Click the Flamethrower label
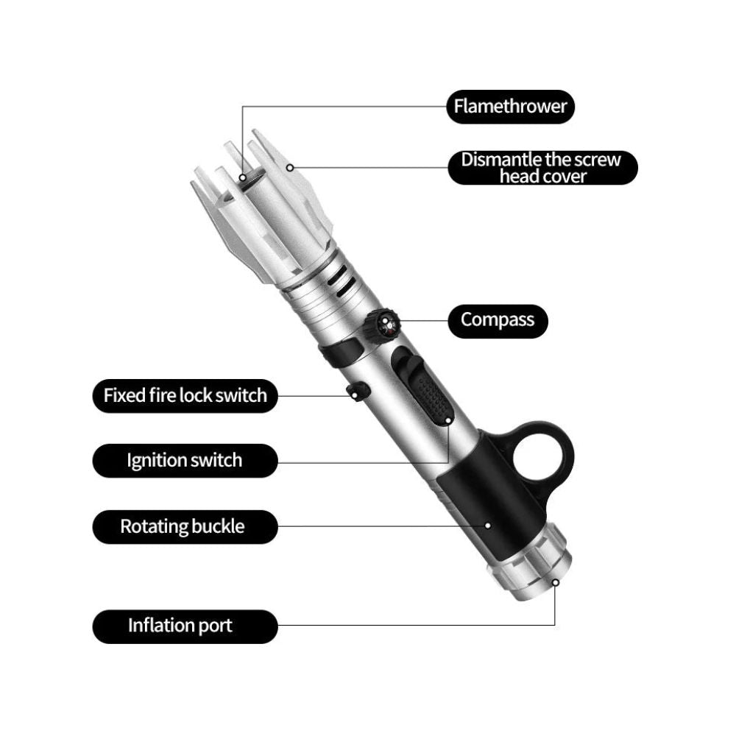pos(510,107)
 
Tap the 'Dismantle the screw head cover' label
pos(542,168)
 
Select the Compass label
pos(498,321)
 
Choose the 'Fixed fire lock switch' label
pos(185,396)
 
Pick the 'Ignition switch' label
pos(185,461)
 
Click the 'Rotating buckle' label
pos(185,527)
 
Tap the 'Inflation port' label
pos(185,626)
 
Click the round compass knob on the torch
pos(383,325)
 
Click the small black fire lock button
pos(358,391)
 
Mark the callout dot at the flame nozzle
pos(242,177)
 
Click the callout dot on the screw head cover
pos(290,168)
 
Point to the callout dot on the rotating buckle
pos(488,526)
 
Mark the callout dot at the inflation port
pos(555,582)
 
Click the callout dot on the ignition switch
pos(448,421)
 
